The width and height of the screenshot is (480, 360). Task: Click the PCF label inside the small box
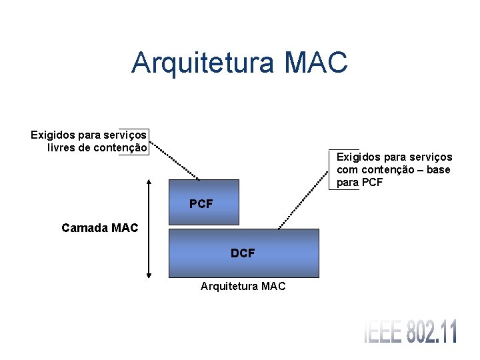[201, 204]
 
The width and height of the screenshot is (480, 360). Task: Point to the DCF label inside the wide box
[243, 253]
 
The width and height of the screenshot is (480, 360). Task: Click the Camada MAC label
[99, 228]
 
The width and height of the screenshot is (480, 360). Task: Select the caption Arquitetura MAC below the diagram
[243, 286]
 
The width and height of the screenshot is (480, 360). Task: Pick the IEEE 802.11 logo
[411, 332]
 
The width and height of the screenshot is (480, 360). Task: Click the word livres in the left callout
[61, 147]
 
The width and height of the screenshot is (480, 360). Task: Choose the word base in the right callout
[437, 169]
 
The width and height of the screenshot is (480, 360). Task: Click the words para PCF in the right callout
[360, 182]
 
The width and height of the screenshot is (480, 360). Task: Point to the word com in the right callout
[347, 169]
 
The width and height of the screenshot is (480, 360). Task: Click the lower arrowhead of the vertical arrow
[148, 273]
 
